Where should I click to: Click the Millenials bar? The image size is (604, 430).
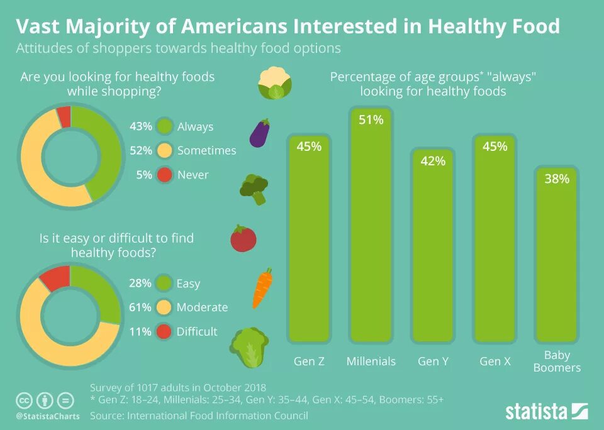tap(371, 226)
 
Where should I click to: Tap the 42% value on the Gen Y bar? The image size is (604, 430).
tap(433, 162)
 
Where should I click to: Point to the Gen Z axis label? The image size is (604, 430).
tap(309, 361)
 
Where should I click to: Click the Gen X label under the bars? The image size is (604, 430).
tap(495, 361)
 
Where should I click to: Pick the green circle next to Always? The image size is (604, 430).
tap(165, 126)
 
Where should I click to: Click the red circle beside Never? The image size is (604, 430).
tap(165, 175)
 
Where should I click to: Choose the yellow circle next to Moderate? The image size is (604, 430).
tap(164, 307)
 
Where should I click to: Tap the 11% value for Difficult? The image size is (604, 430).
tap(140, 331)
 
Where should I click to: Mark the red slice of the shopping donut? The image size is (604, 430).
tap(64, 115)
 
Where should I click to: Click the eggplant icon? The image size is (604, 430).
tap(260, 133)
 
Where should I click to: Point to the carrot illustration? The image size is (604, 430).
tap(262, 289)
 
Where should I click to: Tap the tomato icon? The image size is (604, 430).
tap(243, 238)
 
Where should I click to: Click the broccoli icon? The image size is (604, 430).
tap(254, 189)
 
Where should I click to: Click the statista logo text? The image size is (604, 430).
tap(537, 412)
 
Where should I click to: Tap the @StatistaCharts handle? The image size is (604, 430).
tap(48, 416)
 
